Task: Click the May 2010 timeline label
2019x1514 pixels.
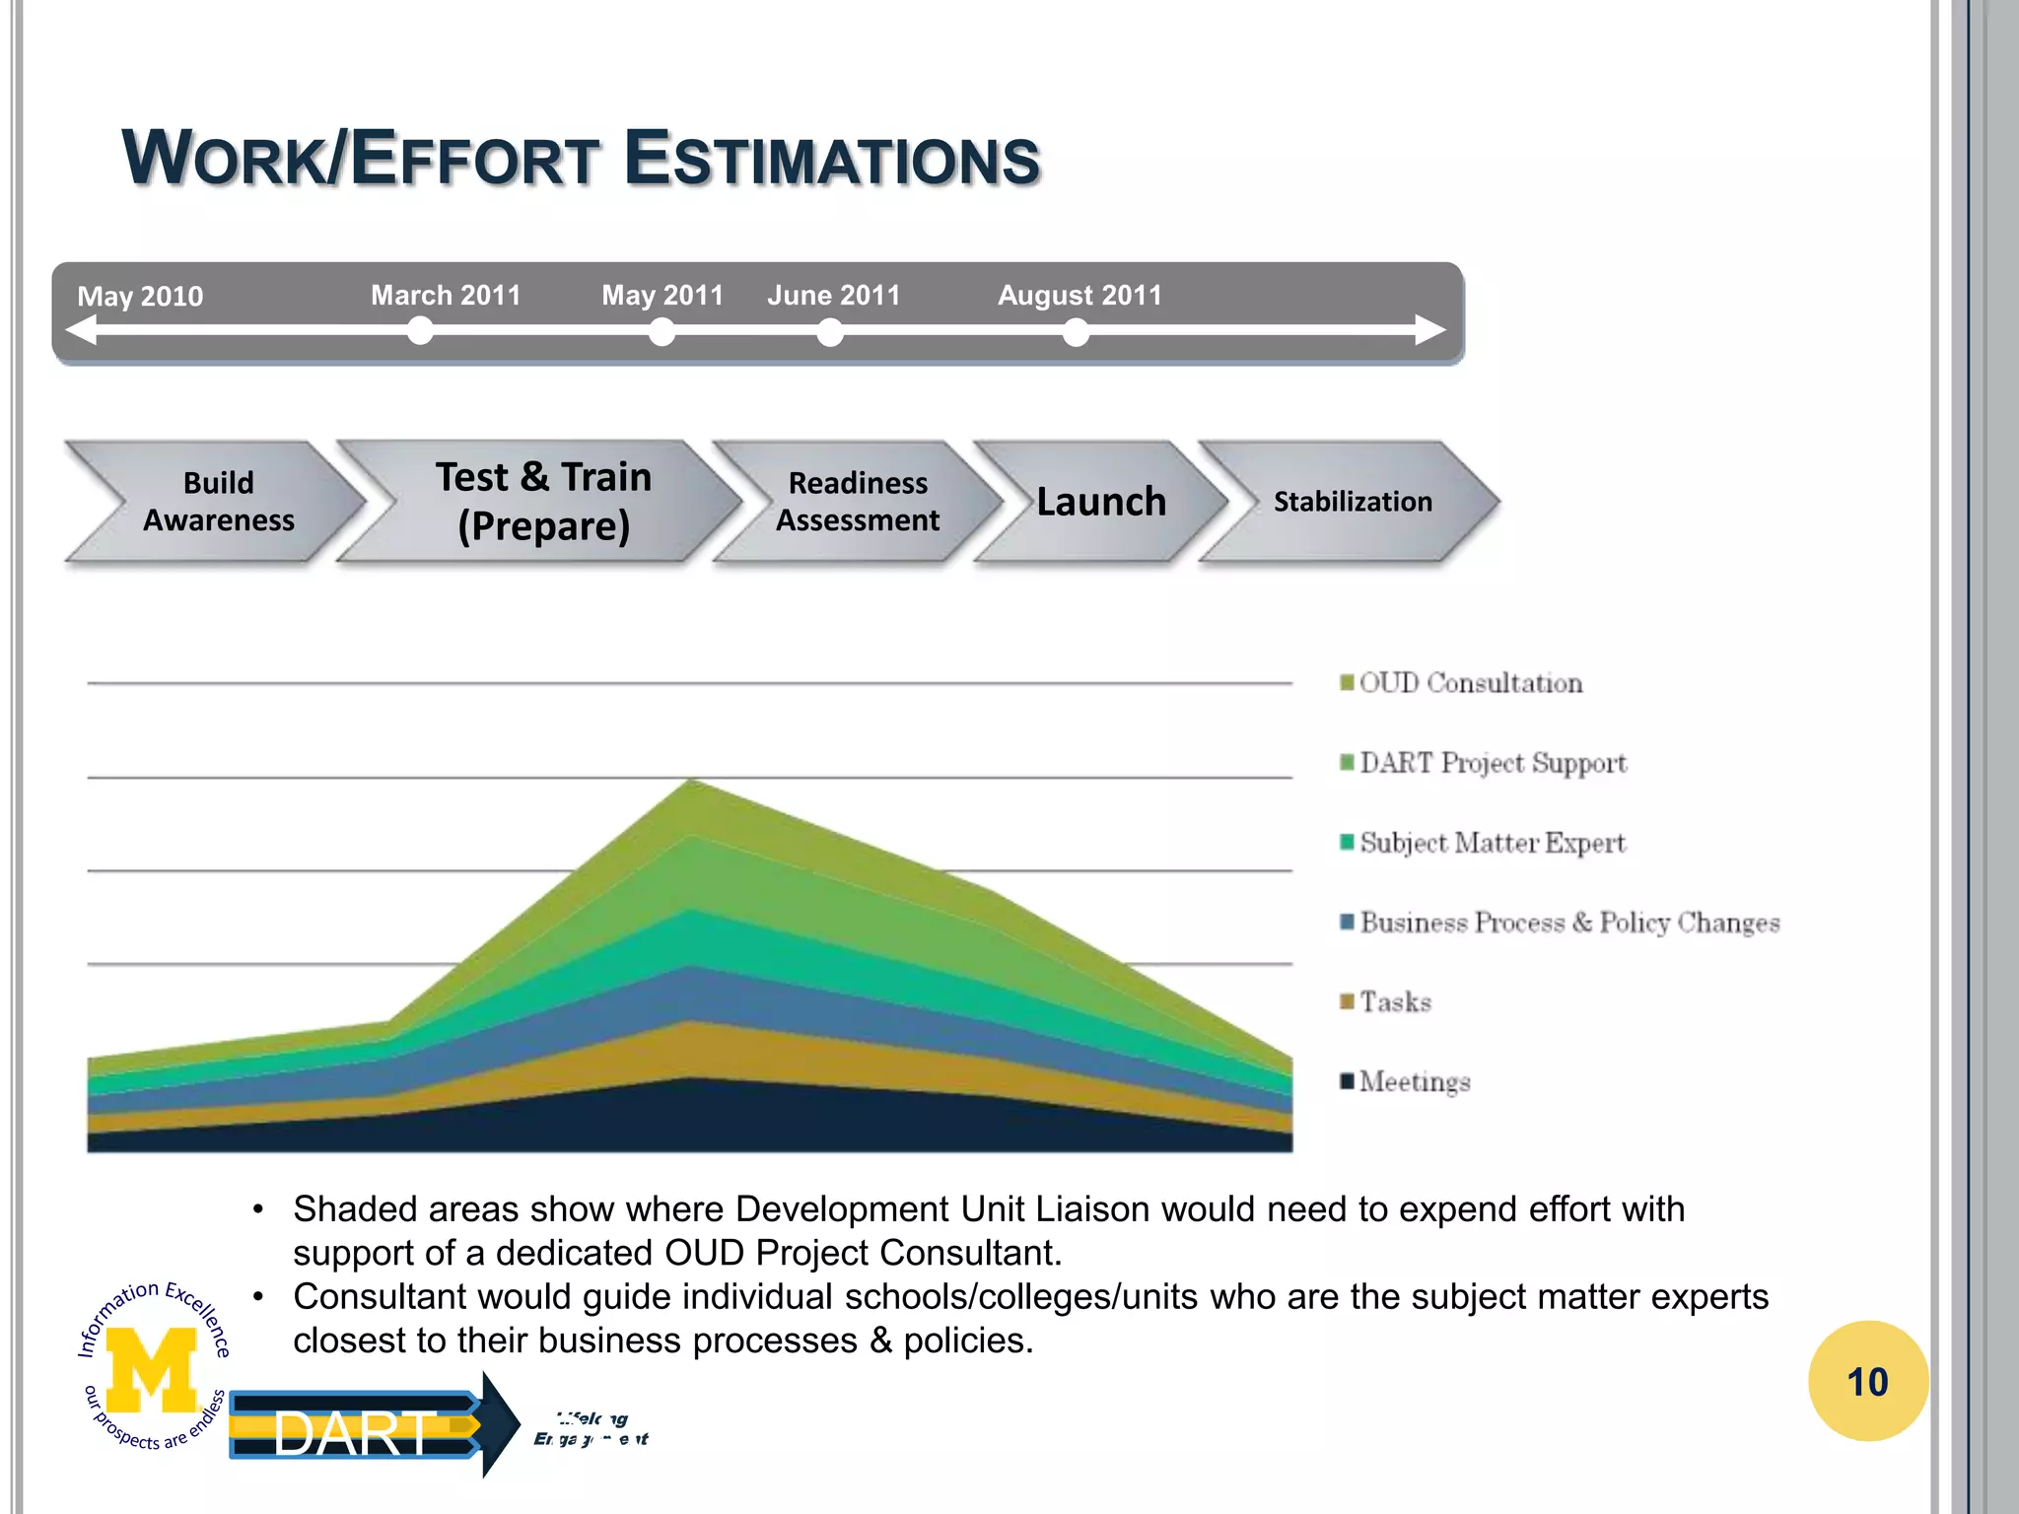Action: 140,296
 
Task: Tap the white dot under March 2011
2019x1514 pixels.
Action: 420,331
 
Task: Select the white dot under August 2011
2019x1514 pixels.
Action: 1076,333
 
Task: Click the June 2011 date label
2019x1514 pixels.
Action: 834,295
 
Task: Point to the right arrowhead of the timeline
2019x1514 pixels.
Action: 1430,330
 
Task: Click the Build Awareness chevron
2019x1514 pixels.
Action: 218,502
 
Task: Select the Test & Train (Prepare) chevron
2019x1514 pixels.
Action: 543,502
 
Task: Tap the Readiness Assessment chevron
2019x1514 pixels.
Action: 857,502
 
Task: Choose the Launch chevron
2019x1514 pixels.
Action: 1100,502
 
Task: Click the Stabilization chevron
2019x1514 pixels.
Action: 1352,502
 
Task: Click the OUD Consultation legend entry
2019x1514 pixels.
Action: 1470,683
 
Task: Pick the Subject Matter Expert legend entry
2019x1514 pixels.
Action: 1492,843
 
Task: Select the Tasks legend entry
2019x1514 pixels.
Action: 1394,1002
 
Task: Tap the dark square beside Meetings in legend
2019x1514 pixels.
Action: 1347,1080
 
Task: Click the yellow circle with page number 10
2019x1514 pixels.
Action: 1867,1382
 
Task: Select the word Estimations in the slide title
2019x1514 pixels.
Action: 832,160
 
